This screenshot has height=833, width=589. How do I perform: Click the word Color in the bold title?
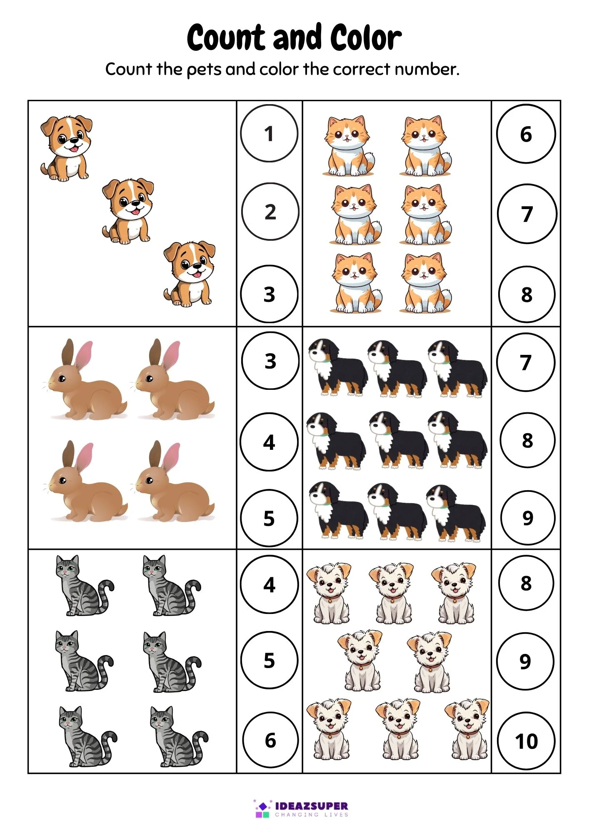pos(366,37)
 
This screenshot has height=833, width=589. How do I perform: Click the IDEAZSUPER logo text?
pos(312,806)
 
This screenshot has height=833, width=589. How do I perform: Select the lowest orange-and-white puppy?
pos(190,274)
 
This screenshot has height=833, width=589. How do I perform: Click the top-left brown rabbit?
pos(85,380)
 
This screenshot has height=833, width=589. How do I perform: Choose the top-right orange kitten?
pos(425,146)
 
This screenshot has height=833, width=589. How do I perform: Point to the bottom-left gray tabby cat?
pos(87,736)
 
